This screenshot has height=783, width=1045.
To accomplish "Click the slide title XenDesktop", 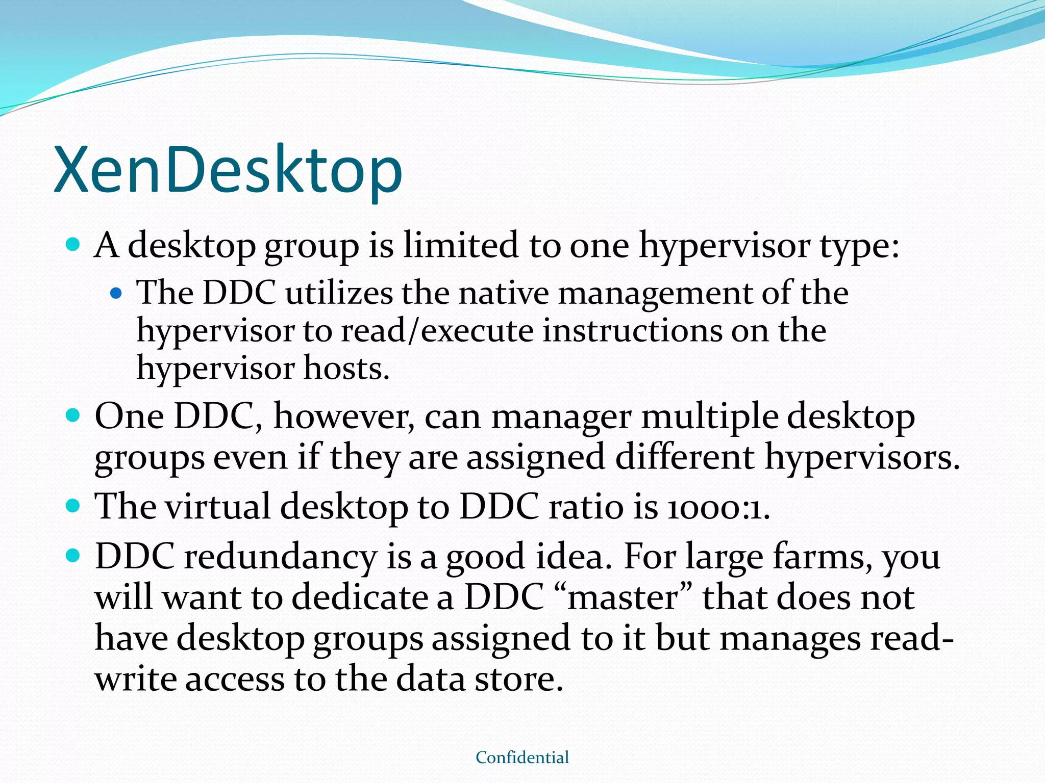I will pos(228,170).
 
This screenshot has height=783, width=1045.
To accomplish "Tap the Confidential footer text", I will pos(522,758).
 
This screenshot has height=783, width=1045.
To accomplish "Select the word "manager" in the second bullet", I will pos(561,417).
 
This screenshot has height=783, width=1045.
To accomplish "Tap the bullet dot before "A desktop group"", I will pos(74,245).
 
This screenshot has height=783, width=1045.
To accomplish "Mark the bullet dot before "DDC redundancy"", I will pos(74,556).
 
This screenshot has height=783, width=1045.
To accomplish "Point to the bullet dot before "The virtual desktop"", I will pos(74,506).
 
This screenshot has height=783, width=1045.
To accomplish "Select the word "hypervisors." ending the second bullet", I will pos(862,458).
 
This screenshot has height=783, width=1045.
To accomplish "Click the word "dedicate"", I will pos(360,597).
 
